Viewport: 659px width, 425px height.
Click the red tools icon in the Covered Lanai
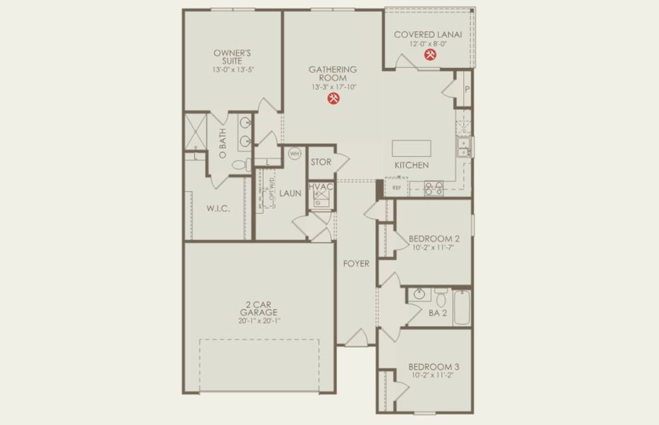[x=430, y=55]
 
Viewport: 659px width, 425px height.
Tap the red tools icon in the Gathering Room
[x=333, y=100]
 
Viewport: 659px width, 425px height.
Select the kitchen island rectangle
[x=412, y=147]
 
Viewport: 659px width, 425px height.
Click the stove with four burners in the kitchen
[x=433, y=188]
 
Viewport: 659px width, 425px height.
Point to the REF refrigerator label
[x=397, y=188]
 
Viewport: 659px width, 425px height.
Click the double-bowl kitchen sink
[x=463, y=147]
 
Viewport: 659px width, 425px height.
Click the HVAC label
[x=321, y=186]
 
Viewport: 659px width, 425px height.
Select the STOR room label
[x=321, y=162]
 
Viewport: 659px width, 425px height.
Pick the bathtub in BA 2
[x=462, y=307]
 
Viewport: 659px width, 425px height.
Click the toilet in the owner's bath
[x=240, y=165]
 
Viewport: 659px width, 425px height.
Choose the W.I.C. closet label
[x=217, y=208]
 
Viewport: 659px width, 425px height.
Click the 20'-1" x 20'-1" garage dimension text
[x=258, y=321]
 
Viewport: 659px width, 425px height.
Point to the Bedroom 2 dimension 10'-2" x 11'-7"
[x=432, y=248]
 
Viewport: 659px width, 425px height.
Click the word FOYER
[x=356, y=263]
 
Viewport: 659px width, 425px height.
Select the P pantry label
[x=467, y=89]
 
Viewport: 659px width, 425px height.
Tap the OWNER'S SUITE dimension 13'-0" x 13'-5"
[x=231, y=69]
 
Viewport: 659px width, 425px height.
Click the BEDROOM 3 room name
[x=433, y=367]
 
